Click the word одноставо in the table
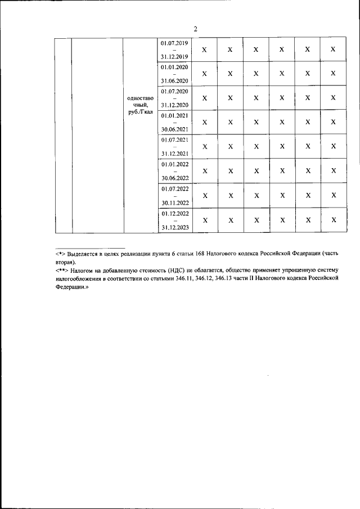(141, 97)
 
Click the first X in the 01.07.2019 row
(204, 50)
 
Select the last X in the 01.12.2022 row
(333, 220)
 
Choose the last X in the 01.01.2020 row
(333, 74)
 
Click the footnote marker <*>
(61, 254)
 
